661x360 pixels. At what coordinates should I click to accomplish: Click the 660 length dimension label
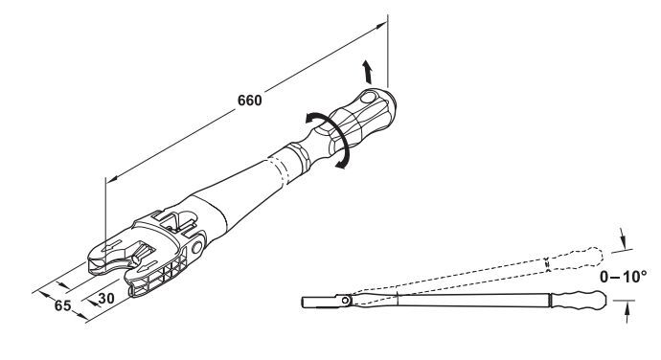tap(250, 101)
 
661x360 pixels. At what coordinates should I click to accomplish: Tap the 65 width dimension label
tap(63, 305)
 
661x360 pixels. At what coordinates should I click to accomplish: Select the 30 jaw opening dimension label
tap(106, 298)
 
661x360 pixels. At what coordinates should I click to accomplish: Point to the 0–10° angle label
tap(623, 277)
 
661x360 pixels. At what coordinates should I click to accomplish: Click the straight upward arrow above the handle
tap(368, 72)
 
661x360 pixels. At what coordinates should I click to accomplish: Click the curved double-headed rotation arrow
tap(333, 139)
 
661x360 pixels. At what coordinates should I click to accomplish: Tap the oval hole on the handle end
tap(368, 98)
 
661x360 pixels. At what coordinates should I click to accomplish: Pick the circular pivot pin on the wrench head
tap(197, 247)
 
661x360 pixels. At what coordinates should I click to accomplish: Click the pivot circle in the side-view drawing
tap(346, 301)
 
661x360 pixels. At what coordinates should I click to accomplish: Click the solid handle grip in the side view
tap(580, 300)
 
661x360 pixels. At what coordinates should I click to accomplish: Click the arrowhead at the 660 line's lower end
tap(112, 179)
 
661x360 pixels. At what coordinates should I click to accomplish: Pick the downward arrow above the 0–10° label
tap(623, 239)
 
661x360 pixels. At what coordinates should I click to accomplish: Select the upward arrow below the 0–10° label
tap(627, 313)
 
